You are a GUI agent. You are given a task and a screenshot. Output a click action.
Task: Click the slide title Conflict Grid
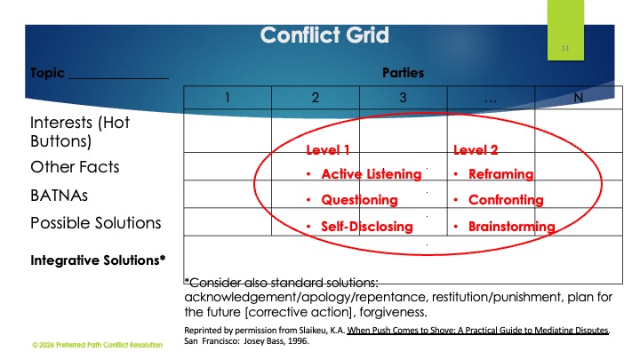click(x=324, y=36)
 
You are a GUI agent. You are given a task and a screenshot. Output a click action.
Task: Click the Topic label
click(x=47, y=73)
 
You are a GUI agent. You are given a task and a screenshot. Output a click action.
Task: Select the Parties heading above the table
click(x=403, y=73)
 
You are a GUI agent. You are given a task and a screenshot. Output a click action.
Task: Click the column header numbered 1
click(x=228, y=98)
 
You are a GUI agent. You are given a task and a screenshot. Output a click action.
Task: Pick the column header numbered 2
click(x=316, y=98)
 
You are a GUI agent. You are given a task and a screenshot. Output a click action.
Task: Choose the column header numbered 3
click(x=403, y=98)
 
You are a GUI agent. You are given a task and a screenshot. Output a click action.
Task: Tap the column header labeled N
click(x=579, y=98)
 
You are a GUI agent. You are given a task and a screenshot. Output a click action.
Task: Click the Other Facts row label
click(x=75, y=167)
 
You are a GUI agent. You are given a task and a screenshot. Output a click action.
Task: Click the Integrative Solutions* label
click(x=99, y=260)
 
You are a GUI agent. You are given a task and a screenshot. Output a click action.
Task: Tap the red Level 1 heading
click(x=327, y=150)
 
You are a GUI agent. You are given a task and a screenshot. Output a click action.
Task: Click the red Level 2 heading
click(x=476, y=150)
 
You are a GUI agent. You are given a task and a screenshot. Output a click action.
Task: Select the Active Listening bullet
click(x=364, y=174)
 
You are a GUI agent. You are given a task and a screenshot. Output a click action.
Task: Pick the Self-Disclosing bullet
click(x=366, y=227)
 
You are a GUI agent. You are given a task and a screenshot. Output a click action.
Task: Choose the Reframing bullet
click(x=500, y=174)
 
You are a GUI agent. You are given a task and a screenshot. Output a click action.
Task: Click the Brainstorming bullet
click(x=511, y=227)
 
